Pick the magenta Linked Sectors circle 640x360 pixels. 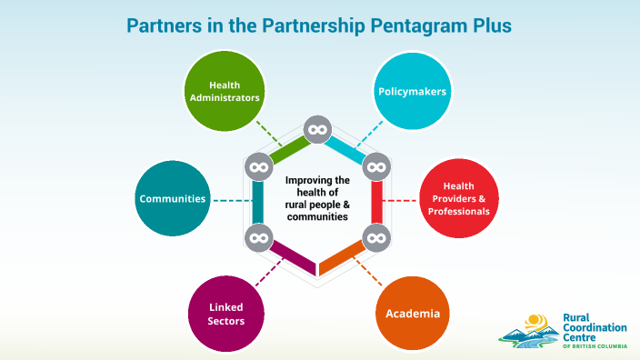point(224,314)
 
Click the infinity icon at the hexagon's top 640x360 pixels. point(316,131)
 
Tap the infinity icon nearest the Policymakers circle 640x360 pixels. point(375,166)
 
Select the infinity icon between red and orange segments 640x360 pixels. point(375,238)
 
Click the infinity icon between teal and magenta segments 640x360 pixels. point(258,238)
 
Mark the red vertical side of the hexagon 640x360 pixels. point(375,202)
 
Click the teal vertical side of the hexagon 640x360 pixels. point(258,202)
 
